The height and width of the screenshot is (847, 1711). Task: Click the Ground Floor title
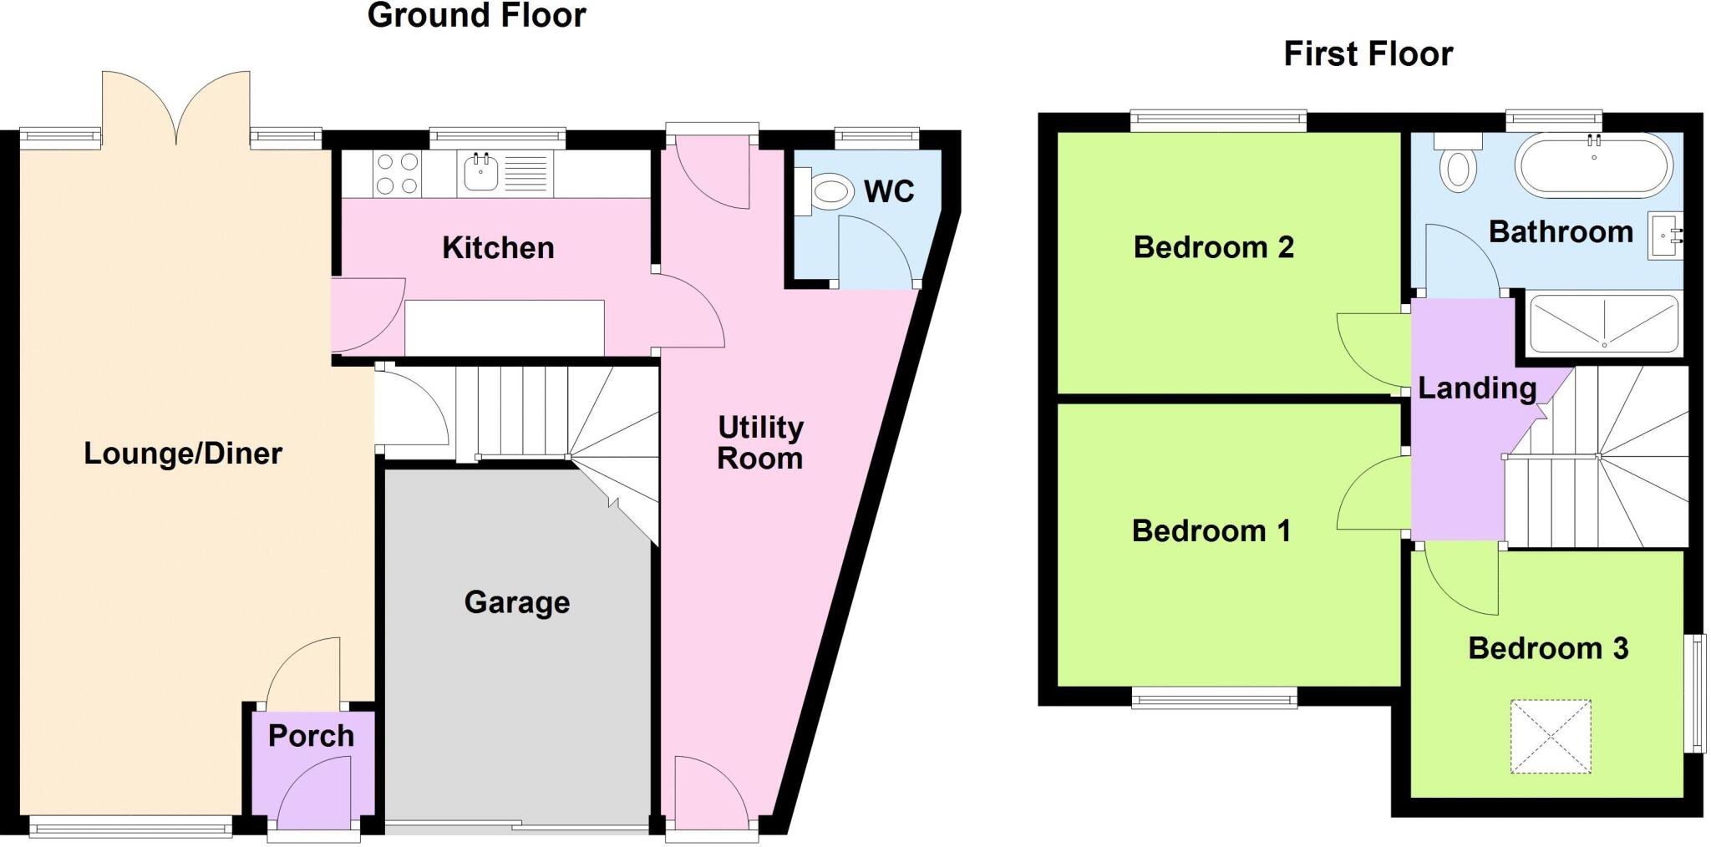pyautogui.click(x=476, y=16)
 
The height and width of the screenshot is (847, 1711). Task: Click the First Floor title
pyautogui.click(x=1368, y=54)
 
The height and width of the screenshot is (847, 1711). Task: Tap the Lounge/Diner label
pyautogui.click(x=183, y=454)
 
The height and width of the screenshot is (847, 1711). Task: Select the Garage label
pyautogui.click(x=517, y=602)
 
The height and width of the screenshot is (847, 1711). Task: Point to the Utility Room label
pyautogui.click(x=760, y=443)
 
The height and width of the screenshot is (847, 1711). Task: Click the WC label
pyautogui.click(x=889, y=191)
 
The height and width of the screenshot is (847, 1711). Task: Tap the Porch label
pyautogui.click(x=311, y=736)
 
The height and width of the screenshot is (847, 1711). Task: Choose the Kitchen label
pyautogui.click(x=498, y=248)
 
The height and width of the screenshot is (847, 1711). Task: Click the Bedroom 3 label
pyautogui.click(x=1548, y=648)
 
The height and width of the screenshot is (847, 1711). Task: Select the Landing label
pyautogui.click(x=1477, y=388)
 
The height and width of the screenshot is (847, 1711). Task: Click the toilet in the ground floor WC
pyautogui.click(x=829, y=192)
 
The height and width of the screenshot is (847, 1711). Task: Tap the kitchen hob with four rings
pyautogui.click(x=397, y=174)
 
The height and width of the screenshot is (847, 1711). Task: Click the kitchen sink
pyautogui.click(x=481, y=173)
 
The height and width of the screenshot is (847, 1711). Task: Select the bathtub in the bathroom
pyautogui.click(x=1594, y=166)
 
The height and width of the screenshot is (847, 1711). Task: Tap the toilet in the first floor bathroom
pyautogui.click(x=1458, y=165)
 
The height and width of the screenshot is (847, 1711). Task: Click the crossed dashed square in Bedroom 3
pyautogui.click(x=1551, y=737)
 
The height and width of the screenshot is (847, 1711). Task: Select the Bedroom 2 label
pyautogui.click(x=1213, y=247)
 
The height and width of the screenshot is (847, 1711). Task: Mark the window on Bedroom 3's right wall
pyautogui.click(x=1698, y=692)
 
